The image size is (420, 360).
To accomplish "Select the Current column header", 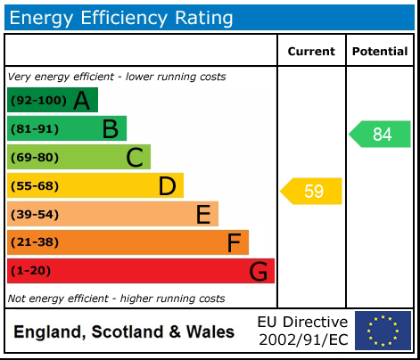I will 311,52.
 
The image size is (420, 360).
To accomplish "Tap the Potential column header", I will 380,52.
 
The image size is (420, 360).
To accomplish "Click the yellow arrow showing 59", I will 312,192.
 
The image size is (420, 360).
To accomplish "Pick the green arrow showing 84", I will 380,135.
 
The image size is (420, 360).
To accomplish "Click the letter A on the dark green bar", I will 82,101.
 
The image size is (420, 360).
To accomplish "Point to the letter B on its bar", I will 110,129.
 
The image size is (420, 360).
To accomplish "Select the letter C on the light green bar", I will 135,158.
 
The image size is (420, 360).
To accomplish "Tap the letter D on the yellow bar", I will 167,186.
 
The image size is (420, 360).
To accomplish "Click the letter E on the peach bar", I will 203,215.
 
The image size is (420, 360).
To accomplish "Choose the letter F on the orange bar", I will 234,242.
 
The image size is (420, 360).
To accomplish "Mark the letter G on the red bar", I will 259,271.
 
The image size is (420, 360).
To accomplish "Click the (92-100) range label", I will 37,101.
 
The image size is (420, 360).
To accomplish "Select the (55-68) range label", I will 35,186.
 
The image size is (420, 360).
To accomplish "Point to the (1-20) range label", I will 31,271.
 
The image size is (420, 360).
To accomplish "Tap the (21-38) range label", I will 35,242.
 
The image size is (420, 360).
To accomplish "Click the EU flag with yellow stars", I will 383,331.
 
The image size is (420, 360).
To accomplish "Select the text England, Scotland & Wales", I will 124,332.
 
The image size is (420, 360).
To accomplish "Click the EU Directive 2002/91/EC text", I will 302,331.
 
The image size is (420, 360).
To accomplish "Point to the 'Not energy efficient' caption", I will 116,299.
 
